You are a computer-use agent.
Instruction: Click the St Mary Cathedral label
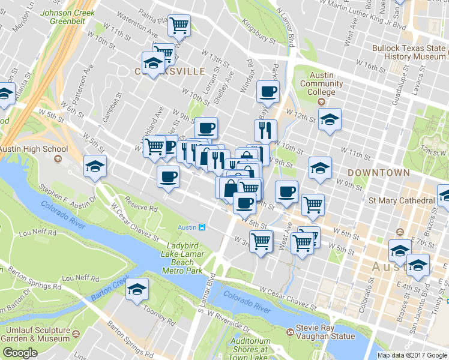401,200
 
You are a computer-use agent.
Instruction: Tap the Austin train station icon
202,227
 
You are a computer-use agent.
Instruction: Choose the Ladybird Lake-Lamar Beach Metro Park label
182,258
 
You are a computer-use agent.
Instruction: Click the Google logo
19,353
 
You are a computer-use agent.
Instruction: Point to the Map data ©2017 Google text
412,355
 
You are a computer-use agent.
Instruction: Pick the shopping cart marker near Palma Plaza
179,26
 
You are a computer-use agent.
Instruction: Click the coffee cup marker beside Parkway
268,92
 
